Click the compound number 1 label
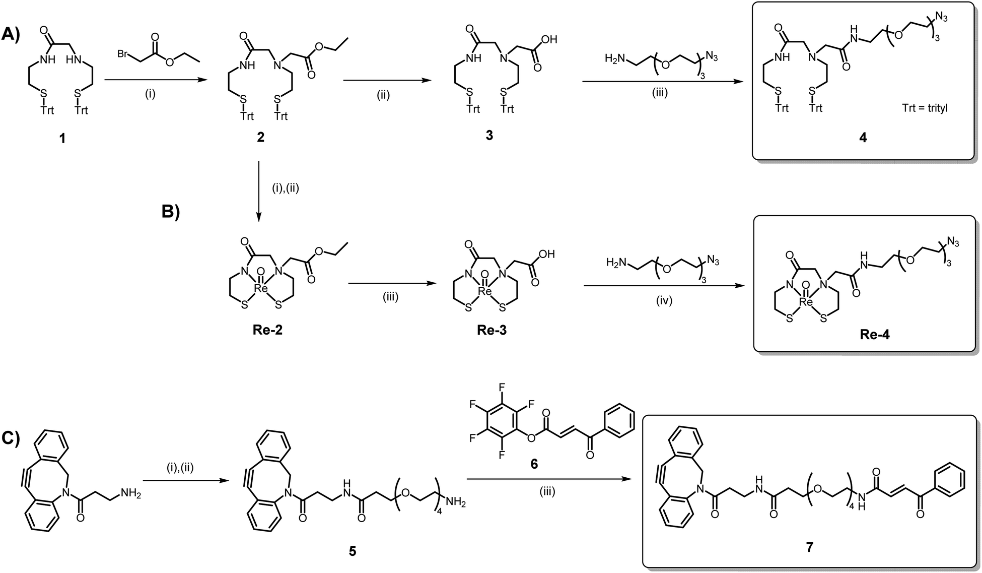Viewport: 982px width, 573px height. (x=62, y=138)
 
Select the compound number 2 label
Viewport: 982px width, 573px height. (x=260, y=138)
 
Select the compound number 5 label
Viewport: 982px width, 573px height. (x=353, y=551)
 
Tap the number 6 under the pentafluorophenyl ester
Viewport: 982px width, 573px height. (x=534, y=463)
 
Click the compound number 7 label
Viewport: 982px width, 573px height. (x=809, y=547)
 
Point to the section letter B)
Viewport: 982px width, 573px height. (x=170, y=213)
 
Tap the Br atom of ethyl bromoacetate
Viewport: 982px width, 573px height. (x=122, y=53)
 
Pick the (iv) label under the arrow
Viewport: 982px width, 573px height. (x=664, y=301)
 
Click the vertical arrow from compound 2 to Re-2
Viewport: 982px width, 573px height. (x=259, y=191)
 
